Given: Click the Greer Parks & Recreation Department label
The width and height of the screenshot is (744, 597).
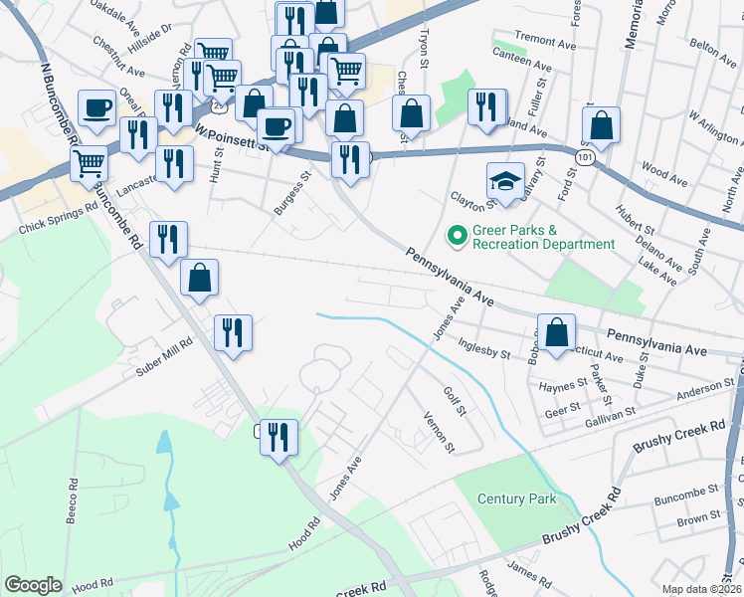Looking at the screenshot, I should click(543, 237).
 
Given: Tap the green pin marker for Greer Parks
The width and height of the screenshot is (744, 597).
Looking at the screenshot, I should click(458, 237).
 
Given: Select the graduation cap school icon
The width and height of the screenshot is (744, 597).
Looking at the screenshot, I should click(505, 181).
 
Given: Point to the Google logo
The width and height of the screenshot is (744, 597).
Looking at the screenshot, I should click(33, 584).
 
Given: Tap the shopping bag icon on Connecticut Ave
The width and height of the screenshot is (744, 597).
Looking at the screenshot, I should click(559, 333).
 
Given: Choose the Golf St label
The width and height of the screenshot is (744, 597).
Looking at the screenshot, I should click(456, 403).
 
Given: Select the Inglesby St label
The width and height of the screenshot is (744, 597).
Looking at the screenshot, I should click(483, 347).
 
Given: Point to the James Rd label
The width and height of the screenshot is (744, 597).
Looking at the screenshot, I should click(529, 568).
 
